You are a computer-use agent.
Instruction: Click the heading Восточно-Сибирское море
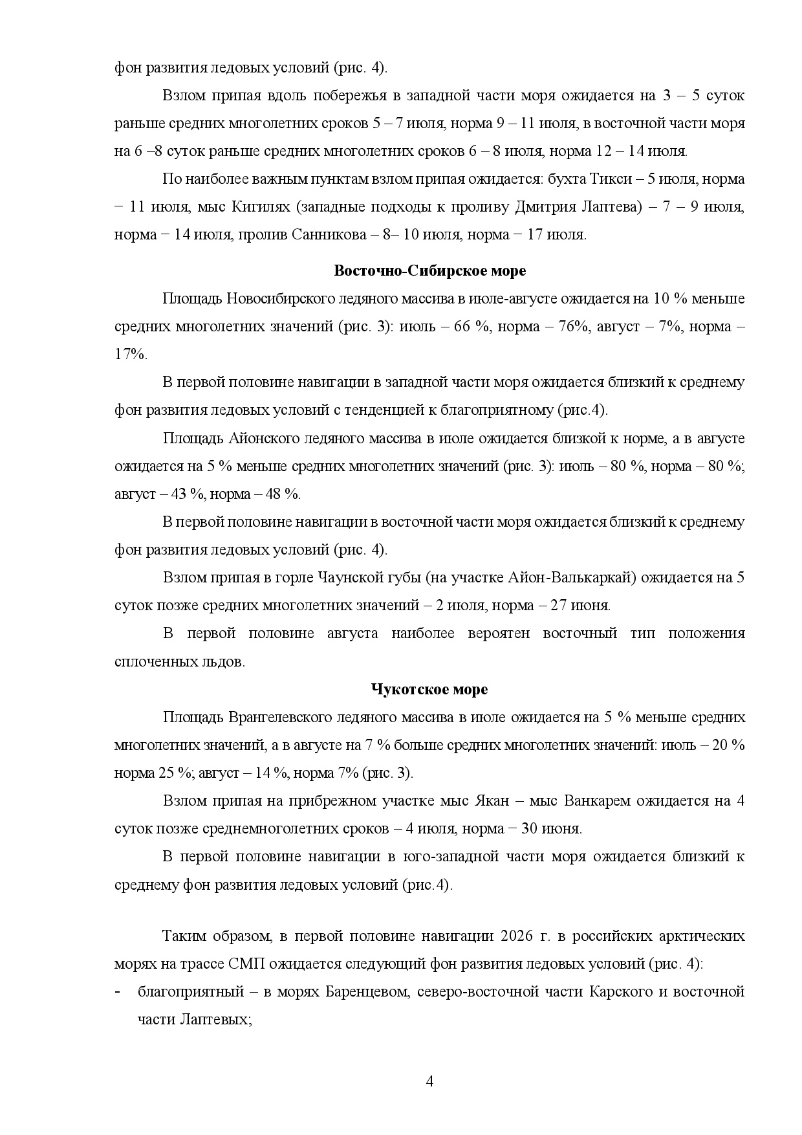pos(429,270)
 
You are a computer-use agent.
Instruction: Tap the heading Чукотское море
pos(429,689)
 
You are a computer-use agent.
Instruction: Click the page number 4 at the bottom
pos(429,1081)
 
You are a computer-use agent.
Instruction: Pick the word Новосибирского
pos(279,299)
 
